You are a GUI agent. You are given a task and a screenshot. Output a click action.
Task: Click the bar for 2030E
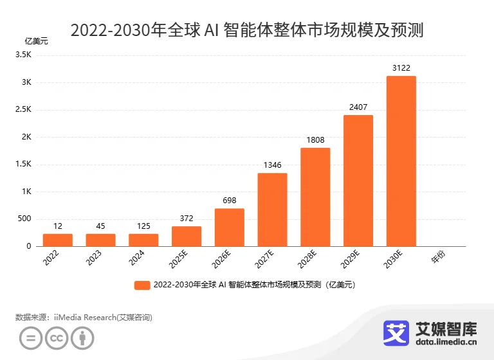401,161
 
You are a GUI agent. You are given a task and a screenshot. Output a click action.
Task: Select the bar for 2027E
272,210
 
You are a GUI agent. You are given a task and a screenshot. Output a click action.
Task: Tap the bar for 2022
58,240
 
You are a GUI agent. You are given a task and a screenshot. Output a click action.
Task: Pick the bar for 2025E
187,236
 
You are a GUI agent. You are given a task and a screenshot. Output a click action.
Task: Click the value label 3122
401,67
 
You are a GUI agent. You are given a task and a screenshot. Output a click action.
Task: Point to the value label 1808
315,139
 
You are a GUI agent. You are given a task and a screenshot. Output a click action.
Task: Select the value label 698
230,200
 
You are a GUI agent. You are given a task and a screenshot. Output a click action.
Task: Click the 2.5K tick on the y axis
25,110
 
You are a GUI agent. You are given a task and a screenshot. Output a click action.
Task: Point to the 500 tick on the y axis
24,219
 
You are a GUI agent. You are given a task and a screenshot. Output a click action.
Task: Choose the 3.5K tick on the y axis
25,55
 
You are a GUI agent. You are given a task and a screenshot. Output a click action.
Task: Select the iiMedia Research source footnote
84,317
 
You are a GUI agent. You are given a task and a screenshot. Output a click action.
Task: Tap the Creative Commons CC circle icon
57,338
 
